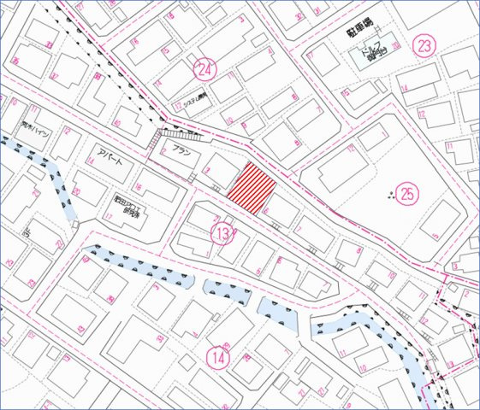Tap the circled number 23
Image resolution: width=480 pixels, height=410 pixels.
pos(424,45)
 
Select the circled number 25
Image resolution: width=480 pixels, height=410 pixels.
pos(407,194)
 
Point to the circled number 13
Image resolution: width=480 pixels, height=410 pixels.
pos(222,232)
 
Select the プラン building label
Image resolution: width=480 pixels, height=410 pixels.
pos(181,151)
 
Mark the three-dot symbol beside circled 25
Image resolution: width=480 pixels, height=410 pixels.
pos(392,197)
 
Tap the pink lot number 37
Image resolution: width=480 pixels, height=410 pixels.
pos(50,43)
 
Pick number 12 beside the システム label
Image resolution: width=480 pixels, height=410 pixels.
pos(176,107)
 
